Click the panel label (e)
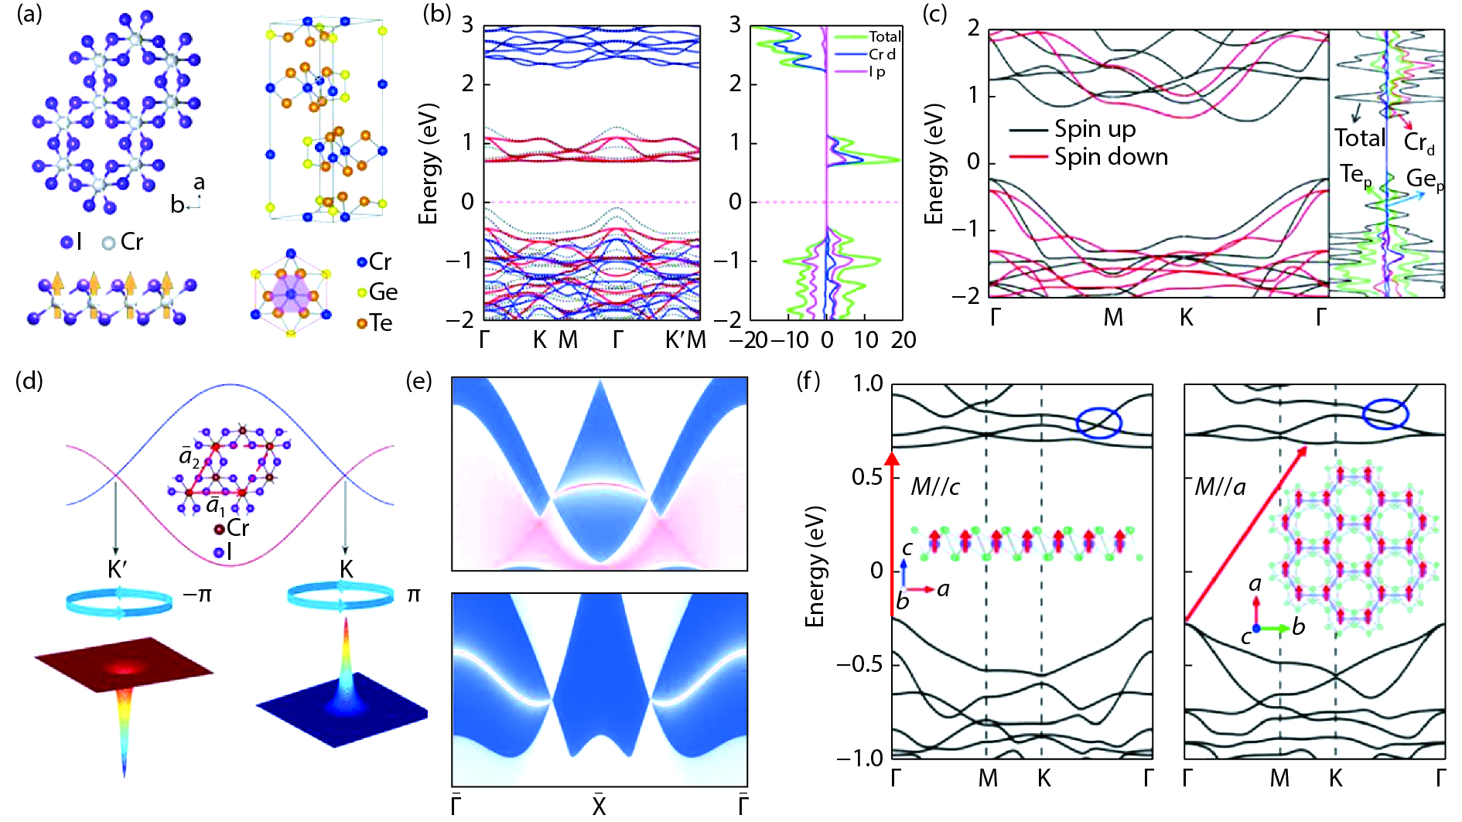(418, 380)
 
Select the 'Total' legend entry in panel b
(884, 36)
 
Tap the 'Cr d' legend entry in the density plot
(882, 54)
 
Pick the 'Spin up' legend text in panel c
(1095, 129)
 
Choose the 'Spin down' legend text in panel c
(1111, 157)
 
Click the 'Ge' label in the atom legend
(383, 292)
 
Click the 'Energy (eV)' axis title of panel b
(428, 164)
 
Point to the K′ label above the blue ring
(118, 570)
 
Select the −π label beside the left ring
(197, 595)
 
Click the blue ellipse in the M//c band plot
(1099, 422)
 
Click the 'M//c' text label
(935, 486)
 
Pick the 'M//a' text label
(1220, 486)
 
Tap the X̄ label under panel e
(599, 805)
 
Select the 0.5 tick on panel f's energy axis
(868, 476)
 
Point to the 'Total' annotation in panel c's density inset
(1359, 138)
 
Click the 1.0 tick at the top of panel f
(868, 384)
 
